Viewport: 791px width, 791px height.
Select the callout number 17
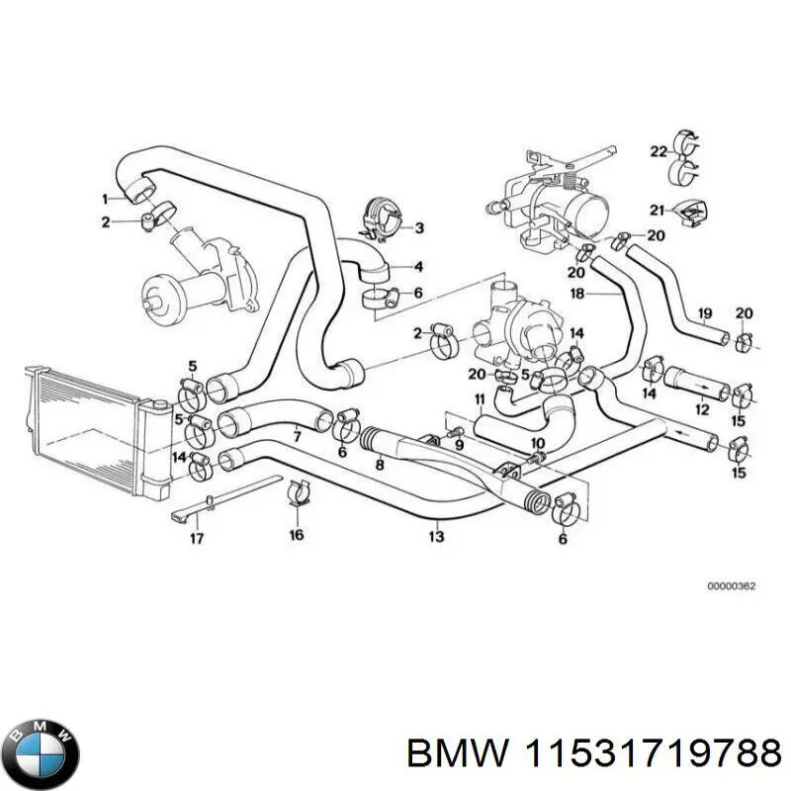point(197,539)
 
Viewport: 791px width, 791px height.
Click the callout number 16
point(297,535)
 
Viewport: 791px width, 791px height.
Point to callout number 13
point(436,536)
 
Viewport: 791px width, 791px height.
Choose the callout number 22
point(659,151)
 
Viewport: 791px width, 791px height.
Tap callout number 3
point(418,228)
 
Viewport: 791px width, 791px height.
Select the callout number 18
point(578,294)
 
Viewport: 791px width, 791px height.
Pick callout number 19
point(704,314)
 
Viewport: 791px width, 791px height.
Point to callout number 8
point(379,464)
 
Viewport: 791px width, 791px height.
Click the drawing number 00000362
point(731,586)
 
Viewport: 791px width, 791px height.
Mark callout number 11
point(479,399)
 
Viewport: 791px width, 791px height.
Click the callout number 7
point(296,436)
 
